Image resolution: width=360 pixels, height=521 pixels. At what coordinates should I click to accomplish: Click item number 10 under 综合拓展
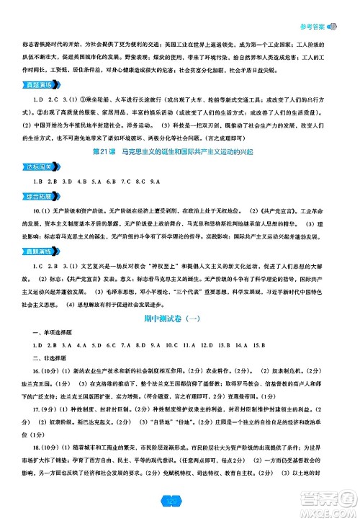tap(37, 231)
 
